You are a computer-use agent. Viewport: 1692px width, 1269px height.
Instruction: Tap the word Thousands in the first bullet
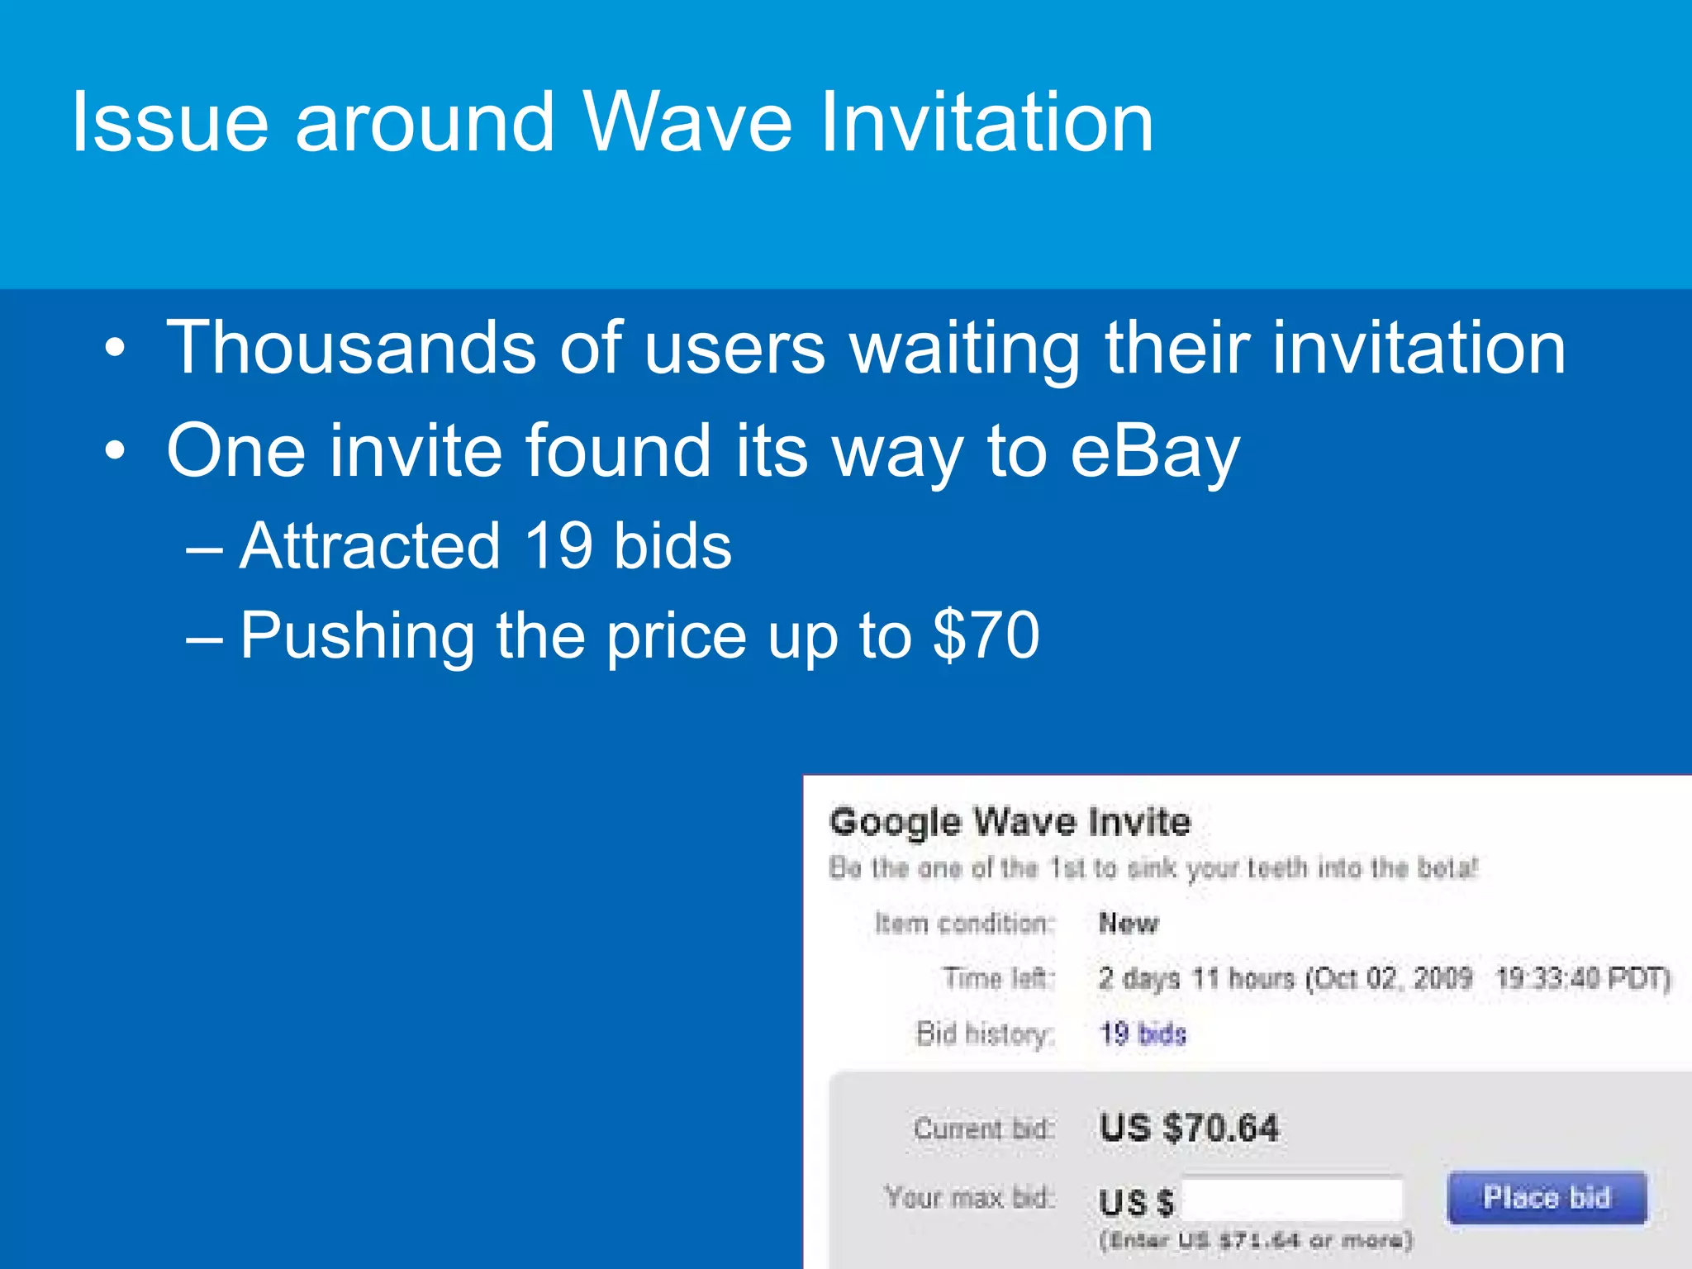352,348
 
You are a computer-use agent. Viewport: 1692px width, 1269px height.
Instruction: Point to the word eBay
1155,451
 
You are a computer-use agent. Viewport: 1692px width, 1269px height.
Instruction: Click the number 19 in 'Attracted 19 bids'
558,546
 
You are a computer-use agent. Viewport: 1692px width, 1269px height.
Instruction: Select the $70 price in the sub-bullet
986,635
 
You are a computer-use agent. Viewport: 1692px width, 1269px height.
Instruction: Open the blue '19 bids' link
1143,1034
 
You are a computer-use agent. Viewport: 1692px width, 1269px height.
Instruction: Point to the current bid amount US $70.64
1189,1129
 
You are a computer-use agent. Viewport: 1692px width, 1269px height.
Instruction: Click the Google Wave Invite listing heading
1010,822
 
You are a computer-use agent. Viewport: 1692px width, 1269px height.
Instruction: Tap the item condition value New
1129,924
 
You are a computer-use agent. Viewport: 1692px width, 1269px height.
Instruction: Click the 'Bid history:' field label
985,1034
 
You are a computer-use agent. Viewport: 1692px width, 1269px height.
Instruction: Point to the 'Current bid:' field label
983,1129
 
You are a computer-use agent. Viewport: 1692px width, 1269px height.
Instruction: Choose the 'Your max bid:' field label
969,1197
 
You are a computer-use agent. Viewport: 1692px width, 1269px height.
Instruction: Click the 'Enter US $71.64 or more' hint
1255,1240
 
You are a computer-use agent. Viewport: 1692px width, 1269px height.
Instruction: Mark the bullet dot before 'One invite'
116,451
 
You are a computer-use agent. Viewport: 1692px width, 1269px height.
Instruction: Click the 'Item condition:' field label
965,924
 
